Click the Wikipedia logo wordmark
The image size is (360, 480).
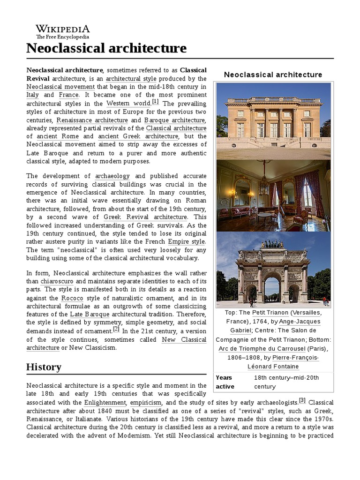coord(62,29)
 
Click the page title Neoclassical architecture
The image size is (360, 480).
coord(106,48)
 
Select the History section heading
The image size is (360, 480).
coord(44,367)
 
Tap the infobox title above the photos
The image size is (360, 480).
coord(273,75)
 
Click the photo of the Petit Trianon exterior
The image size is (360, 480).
coord(273,121)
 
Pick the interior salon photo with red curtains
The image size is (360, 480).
coord(273,195)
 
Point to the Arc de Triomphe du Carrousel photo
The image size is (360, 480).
coord(273,270)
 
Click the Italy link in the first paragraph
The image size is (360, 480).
coord(32,95)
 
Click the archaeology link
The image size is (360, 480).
coord(112,176)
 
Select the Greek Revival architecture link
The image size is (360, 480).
coord(145,217)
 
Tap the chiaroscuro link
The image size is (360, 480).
coord(57,281)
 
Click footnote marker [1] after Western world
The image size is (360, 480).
coord(155,102)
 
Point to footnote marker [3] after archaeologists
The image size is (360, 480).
coord(302,400)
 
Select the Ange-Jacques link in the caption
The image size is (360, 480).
coord(300,321)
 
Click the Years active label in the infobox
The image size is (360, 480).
coord(225,382)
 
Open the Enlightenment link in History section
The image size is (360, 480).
coord(105,403)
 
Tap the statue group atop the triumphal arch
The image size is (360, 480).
coord(273,244)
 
